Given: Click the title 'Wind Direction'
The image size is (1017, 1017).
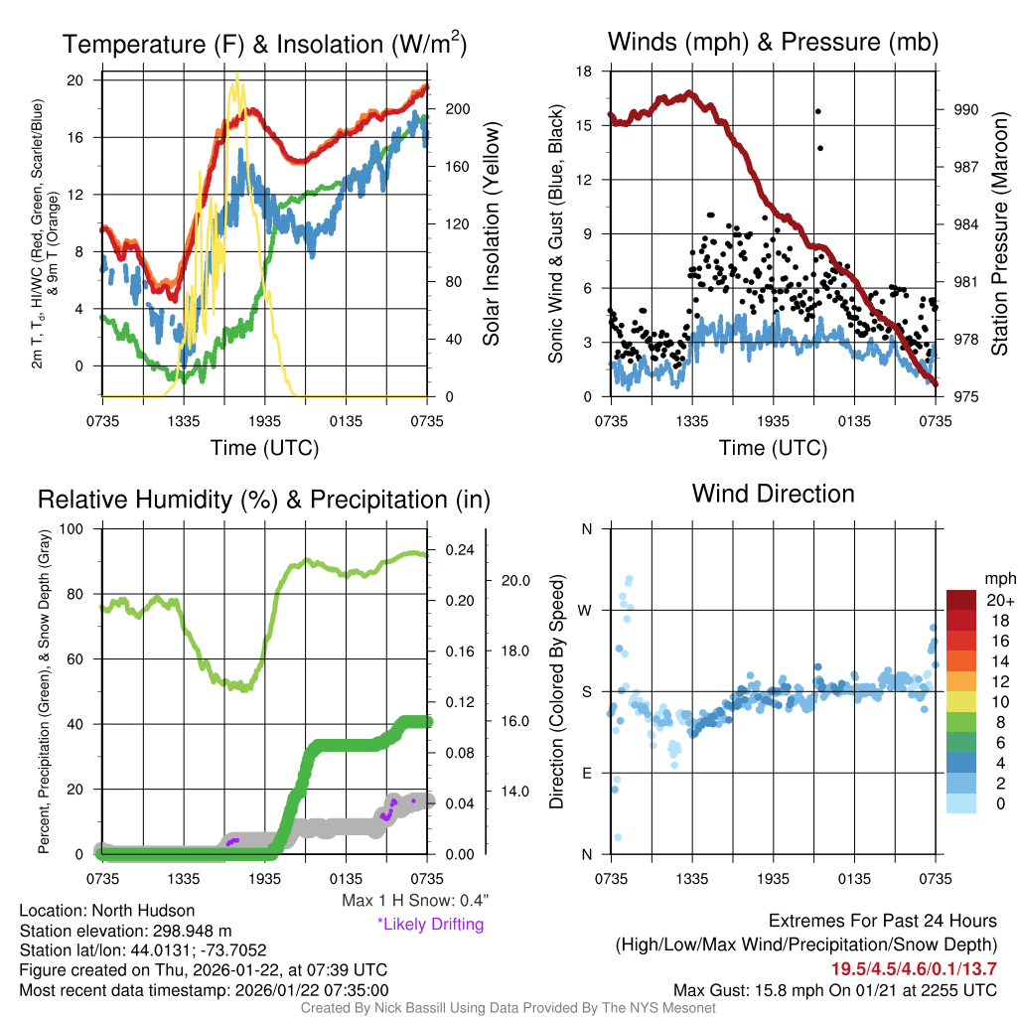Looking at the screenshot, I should (x=773, y=494).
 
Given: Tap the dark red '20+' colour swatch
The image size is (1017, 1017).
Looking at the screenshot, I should (x=961, y=600).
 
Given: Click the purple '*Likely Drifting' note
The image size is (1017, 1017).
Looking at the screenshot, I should (x=430, y=924).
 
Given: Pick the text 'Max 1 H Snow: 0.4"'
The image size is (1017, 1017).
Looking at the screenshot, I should (x=414, y=901).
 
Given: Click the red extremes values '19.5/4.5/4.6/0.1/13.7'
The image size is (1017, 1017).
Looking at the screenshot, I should (x=914, y=967).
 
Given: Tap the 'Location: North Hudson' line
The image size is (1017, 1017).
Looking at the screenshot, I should (x=107, y=911).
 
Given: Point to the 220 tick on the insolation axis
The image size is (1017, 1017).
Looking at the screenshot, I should (x=452, y=80).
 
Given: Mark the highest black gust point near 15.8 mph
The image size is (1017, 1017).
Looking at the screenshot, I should (x=817, y=111).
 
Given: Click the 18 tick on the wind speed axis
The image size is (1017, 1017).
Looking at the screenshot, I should (x=584, y=72).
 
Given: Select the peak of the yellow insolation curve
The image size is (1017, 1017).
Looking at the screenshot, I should (x=236, y=76).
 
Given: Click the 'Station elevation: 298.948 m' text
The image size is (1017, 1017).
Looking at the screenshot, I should (x=125, y=931).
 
